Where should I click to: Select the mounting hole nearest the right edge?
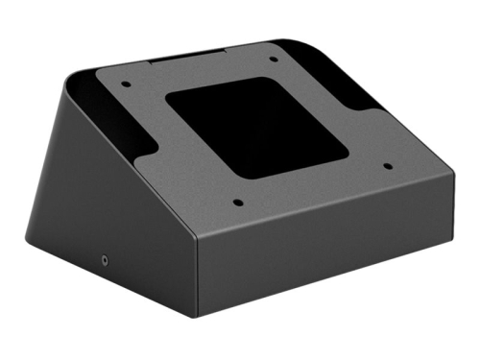point(388,165)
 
